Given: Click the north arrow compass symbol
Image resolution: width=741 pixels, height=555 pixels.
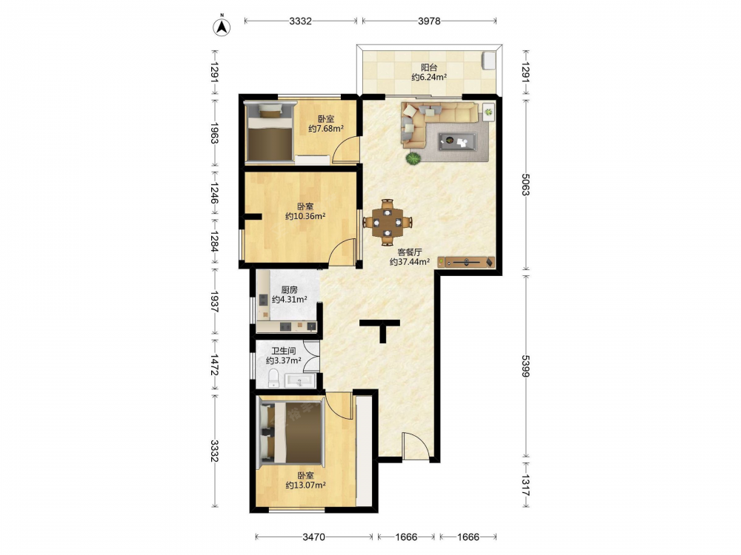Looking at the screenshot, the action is pos(221,27).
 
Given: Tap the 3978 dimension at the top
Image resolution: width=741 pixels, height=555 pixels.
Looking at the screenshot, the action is pos(429,21).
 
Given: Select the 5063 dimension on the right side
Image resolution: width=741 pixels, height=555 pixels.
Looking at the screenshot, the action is pos(526,184).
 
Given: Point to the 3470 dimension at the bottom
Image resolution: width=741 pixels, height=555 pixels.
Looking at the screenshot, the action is pos(313,536).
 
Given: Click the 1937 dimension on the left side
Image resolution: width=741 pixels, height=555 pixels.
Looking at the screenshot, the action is pos(214,301).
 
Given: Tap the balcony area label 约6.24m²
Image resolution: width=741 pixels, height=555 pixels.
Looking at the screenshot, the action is pos(429,78).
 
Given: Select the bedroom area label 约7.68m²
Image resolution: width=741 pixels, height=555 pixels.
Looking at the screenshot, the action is pos(325,128).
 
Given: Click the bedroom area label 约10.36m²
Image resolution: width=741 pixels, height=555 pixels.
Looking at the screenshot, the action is pos(305,216).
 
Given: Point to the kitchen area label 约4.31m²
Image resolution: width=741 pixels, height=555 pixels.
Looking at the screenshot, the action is pos(289,299).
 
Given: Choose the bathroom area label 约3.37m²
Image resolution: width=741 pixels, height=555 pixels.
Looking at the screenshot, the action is pos(283,360).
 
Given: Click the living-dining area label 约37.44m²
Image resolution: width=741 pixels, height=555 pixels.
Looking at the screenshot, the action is pos(409,261).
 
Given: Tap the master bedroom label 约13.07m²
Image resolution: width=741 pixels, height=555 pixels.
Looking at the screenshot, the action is pos(305,485).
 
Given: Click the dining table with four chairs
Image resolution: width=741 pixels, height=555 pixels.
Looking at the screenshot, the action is pos(388,222).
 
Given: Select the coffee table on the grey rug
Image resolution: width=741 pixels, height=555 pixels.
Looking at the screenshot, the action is pos(457,141).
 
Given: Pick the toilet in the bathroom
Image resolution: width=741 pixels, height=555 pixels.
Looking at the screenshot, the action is pos(273,378).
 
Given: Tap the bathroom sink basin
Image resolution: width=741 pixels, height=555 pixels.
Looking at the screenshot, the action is pos(300,380).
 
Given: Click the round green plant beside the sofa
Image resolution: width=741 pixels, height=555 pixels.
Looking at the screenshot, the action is pos(413,158).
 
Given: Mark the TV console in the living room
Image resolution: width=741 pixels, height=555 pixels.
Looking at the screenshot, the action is pos(466,262).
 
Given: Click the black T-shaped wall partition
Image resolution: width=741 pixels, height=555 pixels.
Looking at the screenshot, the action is pos(380,329).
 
